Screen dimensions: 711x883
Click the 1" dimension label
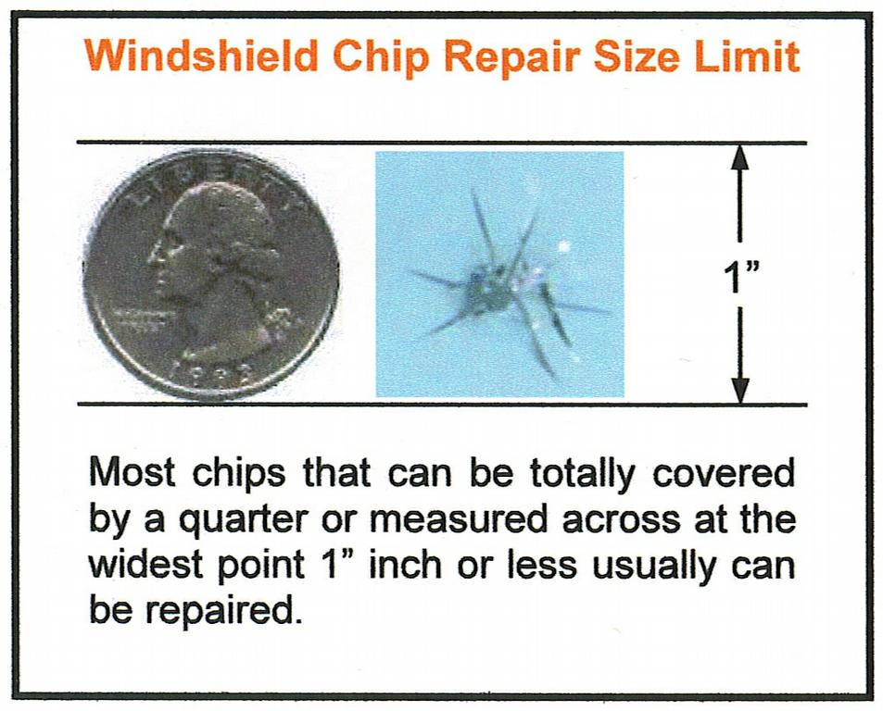click(x=738, y=276)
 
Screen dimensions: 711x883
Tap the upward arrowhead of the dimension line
click(x=739, y=158)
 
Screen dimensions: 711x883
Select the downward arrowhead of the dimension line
click(x=739, y=391)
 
